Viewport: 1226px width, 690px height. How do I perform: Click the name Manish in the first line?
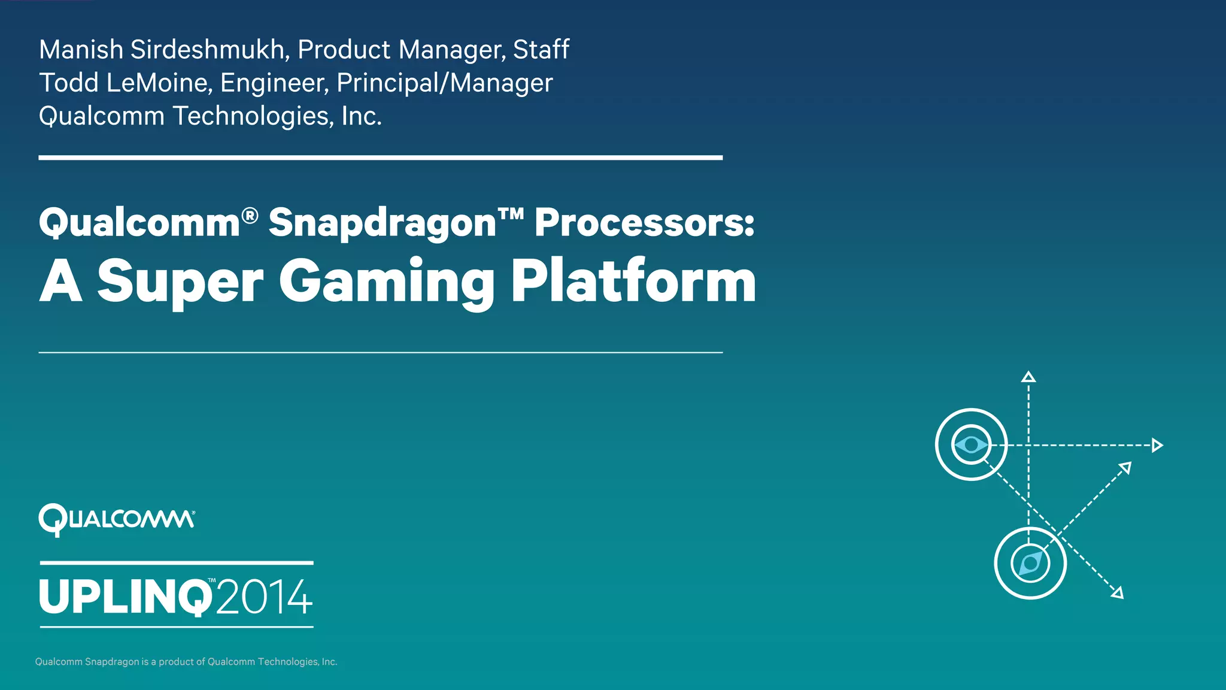pyautogui.click(x=81, y=50)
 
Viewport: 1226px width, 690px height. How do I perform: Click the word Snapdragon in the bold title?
pyautogui.click(x=382, y=223)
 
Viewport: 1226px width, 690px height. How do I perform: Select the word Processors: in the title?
pyautogui.click(x=644, y=223)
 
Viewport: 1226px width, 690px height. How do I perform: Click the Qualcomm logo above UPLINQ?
pyautogui.click(x=116, y=519)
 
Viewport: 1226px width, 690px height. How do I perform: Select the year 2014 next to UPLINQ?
pyautogui.click(x=264, y=597)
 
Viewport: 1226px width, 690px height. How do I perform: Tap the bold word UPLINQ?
pyautogui.click(x=125, y=597)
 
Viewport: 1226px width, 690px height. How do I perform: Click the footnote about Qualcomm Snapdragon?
pyautogui.click(x=186, y=662)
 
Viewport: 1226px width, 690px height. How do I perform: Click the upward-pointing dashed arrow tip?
pyautogui.click(x=1028, y=377)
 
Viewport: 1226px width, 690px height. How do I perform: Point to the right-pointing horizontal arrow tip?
pyautogui.click(x=1157, y=445)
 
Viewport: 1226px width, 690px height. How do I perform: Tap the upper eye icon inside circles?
pyautogui.click(x=971, y=444)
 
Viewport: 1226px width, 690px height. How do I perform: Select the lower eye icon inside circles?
pyautogui.click(x=1030, y=563)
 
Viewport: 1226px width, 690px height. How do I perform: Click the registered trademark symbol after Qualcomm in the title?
pyautogui.click(x=250, y=214)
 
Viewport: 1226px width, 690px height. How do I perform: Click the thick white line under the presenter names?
pyautogui.click(x=380, y=158)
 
